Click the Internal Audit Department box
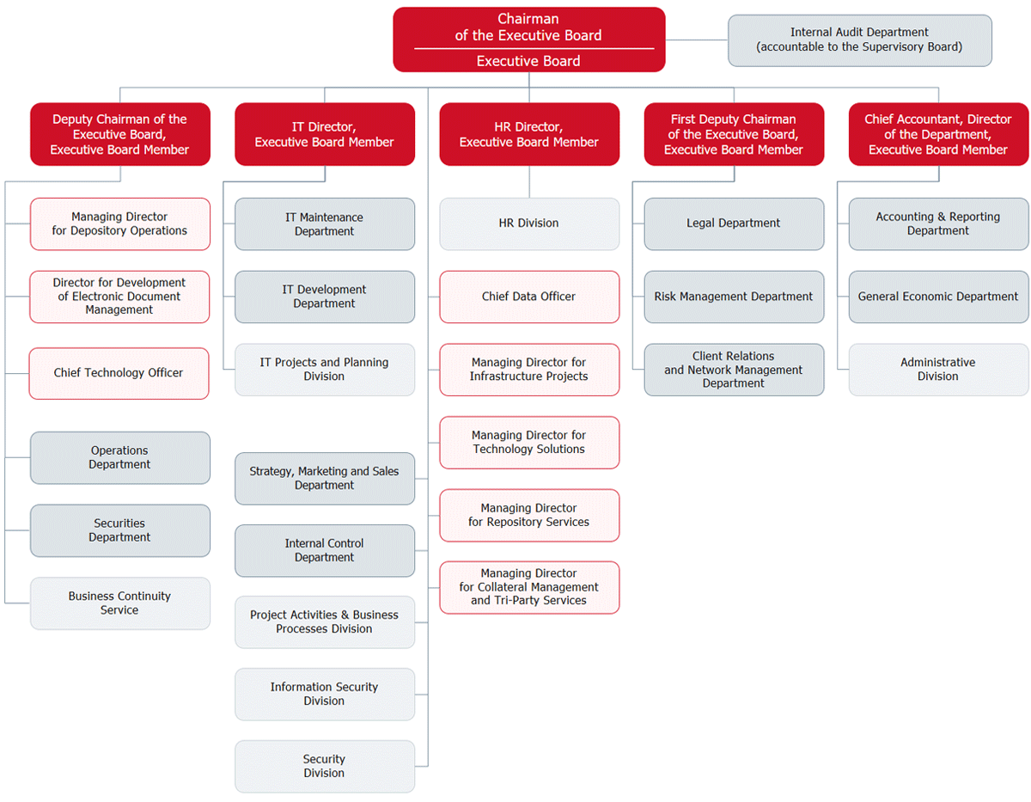click(859, 40)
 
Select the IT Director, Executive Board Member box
click(325, 134)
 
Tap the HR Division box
click(529, 223)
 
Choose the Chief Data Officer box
click(529, 297)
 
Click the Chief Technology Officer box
click(119, 373)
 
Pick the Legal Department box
click(734, 223)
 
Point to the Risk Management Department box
click(734, 297)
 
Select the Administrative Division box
click(938, 370)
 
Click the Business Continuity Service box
click(120, 603)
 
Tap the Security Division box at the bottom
click(325, 766)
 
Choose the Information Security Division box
click(325, 694)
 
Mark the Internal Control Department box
click(325, 550)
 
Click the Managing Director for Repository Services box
click(529, 515)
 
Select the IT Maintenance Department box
click(325, 224)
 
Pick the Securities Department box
click(120, 530)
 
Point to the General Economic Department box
click(938, 297)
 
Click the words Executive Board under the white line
click(528, 61)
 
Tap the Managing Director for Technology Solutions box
click(529, 442)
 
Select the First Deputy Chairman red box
click(734, 134)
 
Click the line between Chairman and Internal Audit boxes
click(697, 40)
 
